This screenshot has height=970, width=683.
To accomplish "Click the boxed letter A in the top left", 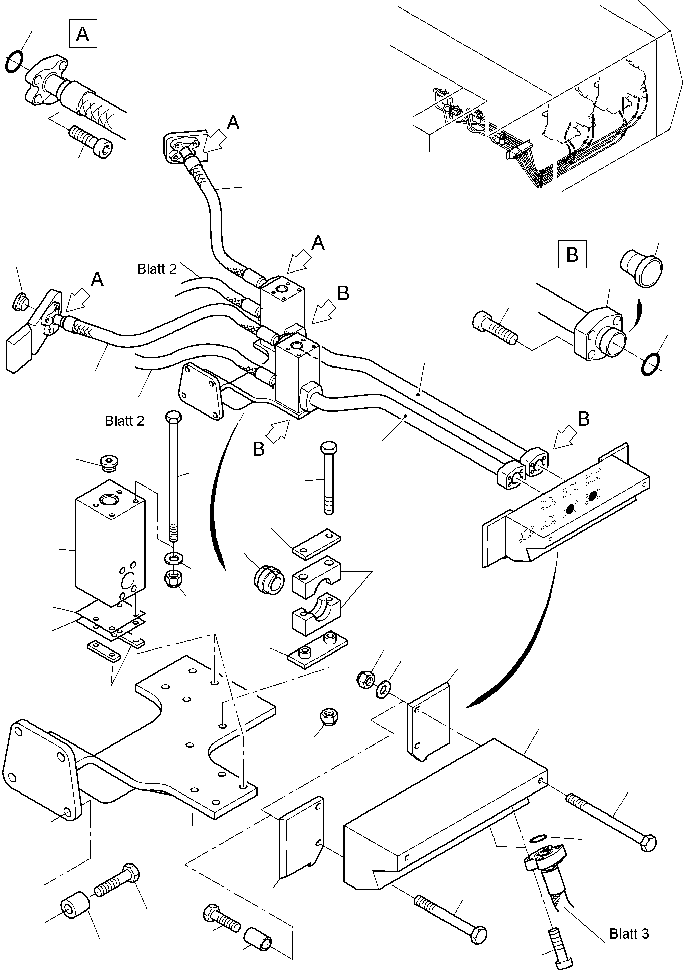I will pyautogui.click(x=83, y=33).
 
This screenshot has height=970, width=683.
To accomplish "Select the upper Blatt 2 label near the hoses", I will pyautogui.click(x=157, y=269).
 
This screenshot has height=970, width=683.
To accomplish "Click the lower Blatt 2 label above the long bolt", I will pyautogui.click(x=125, y=421).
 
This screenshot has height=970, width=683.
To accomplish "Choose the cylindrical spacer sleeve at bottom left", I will pyautogui.click(x=76, y=906).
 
